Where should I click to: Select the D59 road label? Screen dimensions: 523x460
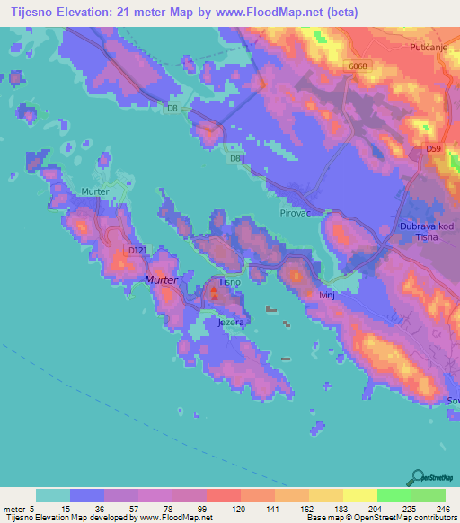[x=434, y=148]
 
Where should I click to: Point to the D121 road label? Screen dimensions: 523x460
[x=137, y=250]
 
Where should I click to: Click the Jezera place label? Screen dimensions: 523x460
[x=231, y=321]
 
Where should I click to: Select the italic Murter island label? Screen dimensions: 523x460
[x=163, y=280]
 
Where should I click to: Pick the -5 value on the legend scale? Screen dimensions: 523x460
[x=28, y=508]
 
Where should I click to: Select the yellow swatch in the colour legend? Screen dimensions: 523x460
[x=359, y=495]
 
